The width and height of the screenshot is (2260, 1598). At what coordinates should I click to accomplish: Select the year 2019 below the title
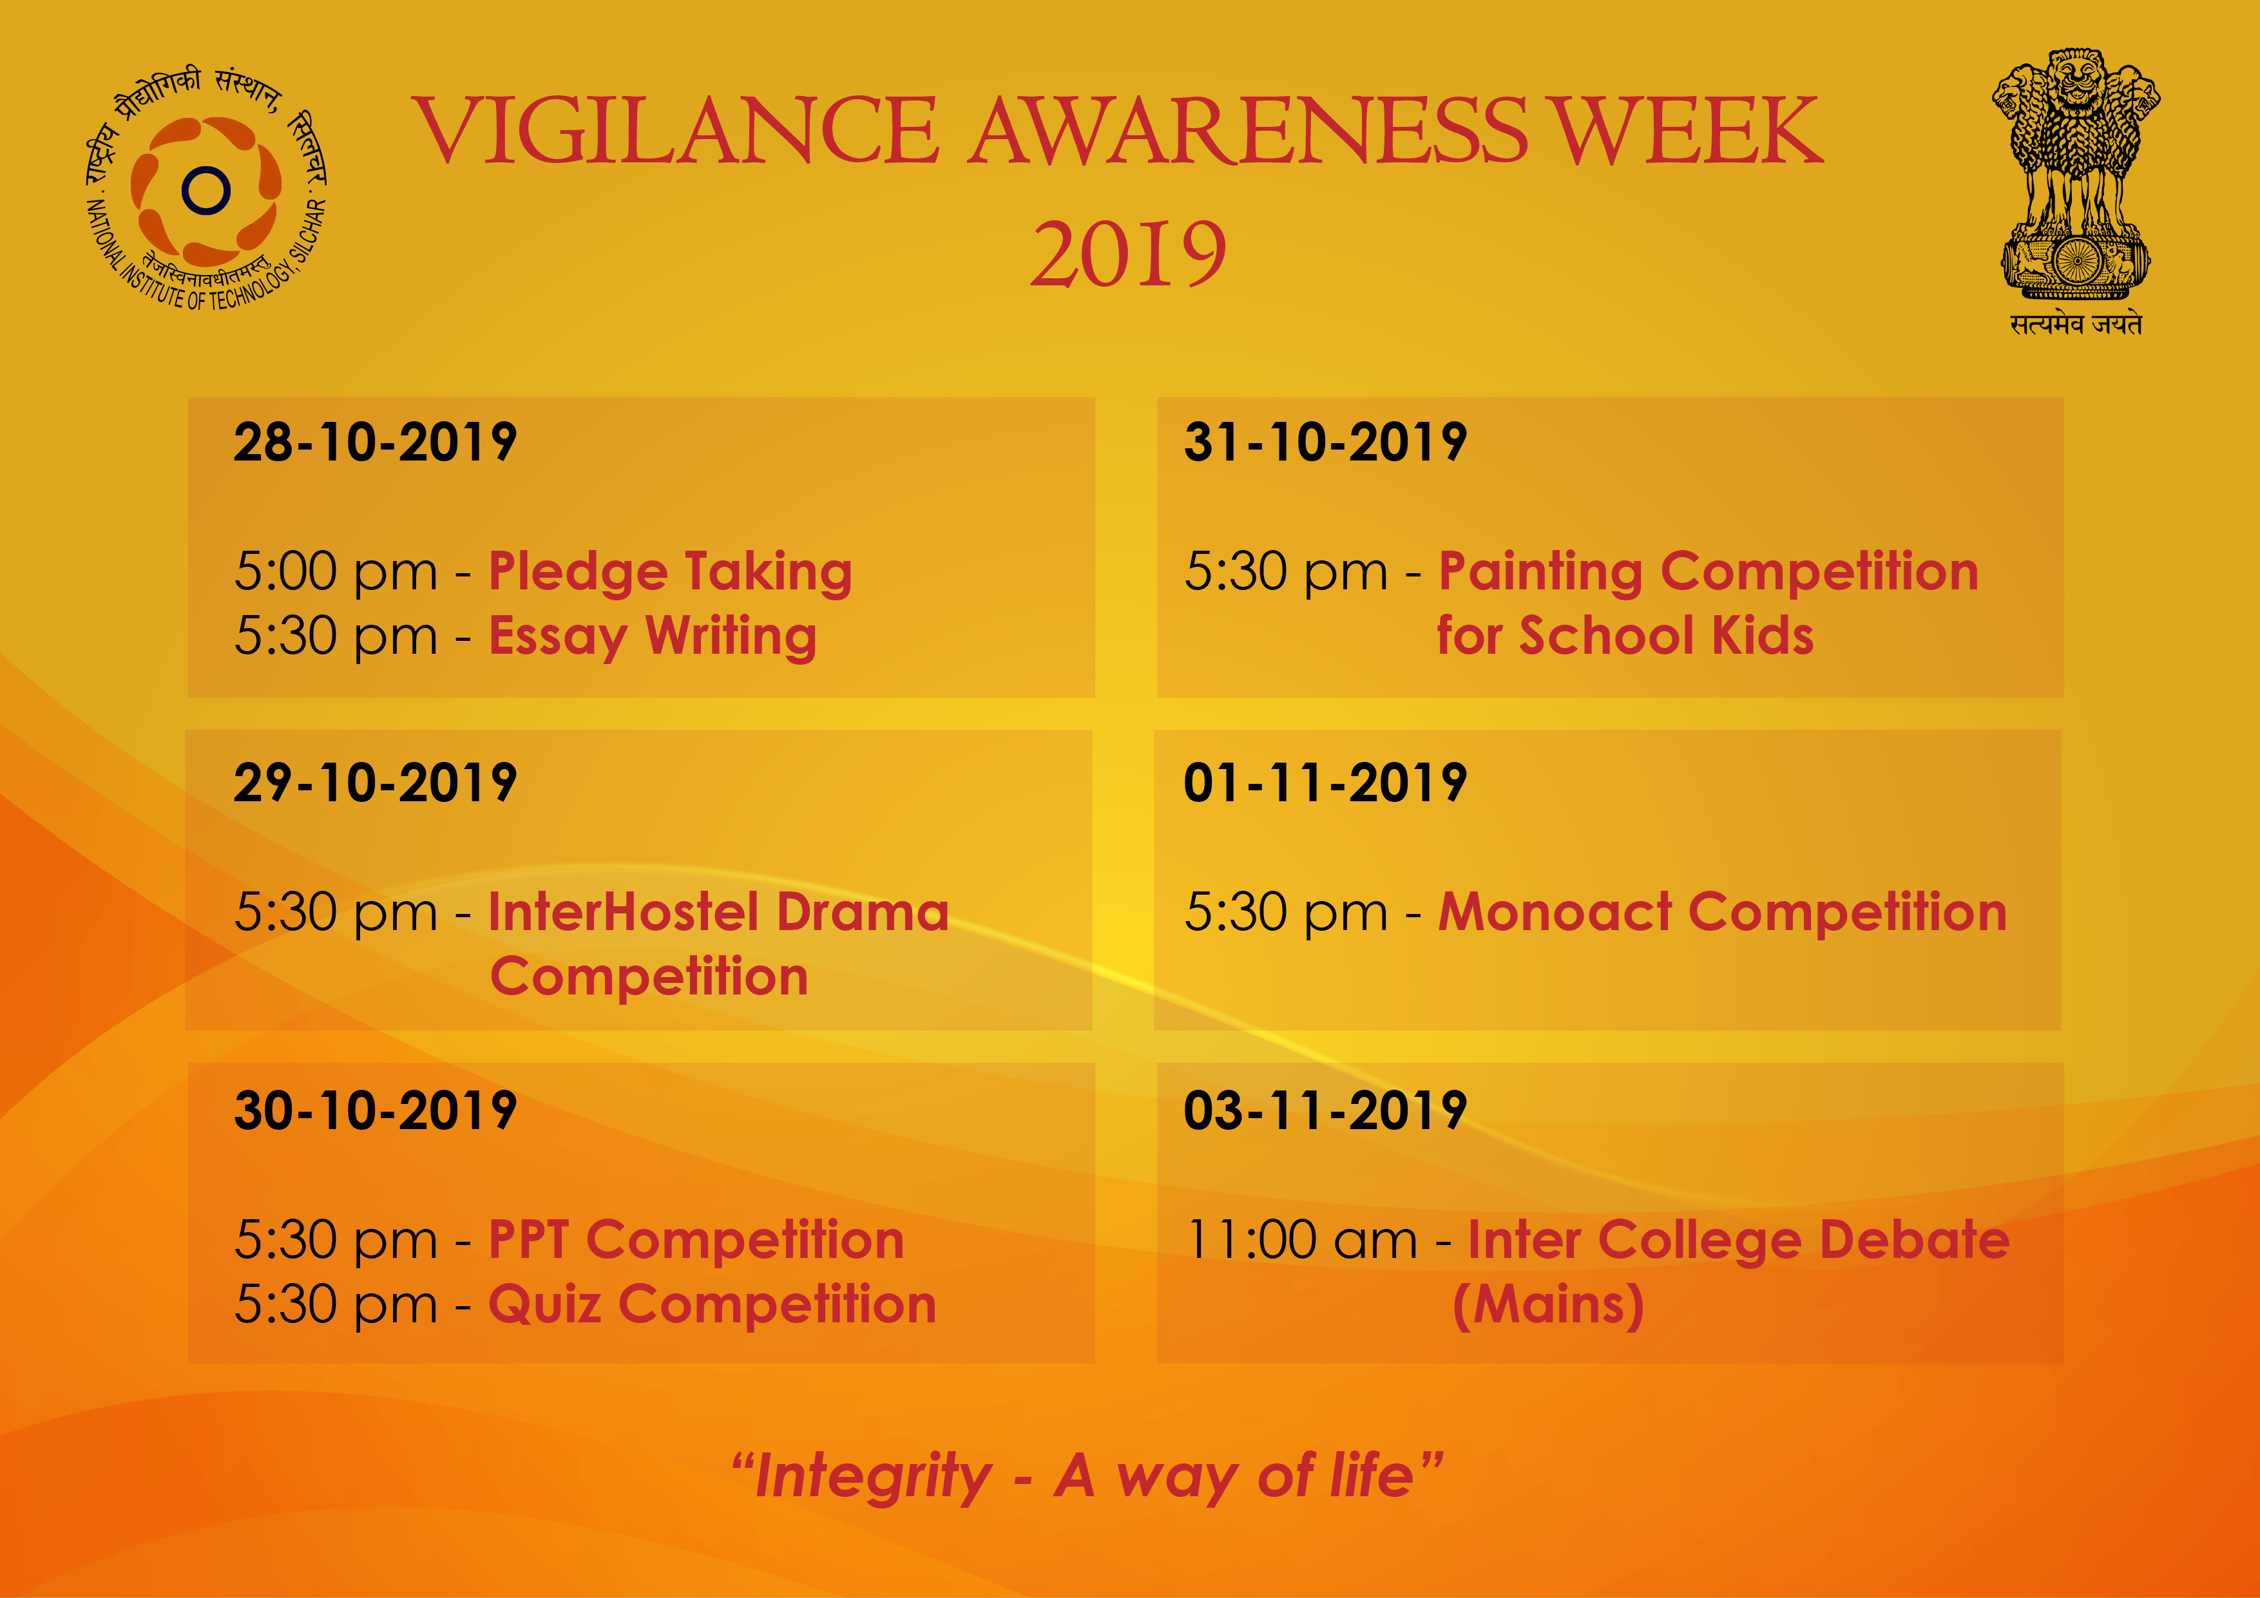(1129, 254)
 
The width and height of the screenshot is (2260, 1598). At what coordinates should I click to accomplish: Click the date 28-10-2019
(375, 442)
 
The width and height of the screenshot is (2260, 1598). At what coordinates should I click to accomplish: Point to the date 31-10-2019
(1325, 442)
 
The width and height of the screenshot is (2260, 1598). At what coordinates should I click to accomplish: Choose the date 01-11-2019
(1325, 783)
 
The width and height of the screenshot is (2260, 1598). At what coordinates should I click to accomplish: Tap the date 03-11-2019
(1325, 1111)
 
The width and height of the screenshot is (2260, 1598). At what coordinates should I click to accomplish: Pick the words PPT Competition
(696, 1240)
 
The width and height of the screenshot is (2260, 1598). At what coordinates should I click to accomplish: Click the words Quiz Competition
(713, 1306)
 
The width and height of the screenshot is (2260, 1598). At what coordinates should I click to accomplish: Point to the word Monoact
(1555, 912)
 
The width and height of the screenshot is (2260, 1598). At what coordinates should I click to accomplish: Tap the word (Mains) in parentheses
(1548, 1306)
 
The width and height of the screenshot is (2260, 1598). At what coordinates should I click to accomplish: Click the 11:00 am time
(1301, 1240)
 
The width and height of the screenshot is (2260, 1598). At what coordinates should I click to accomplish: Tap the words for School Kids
(1625, 636)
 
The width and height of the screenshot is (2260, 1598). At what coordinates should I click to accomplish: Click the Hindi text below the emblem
(2076, 324)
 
